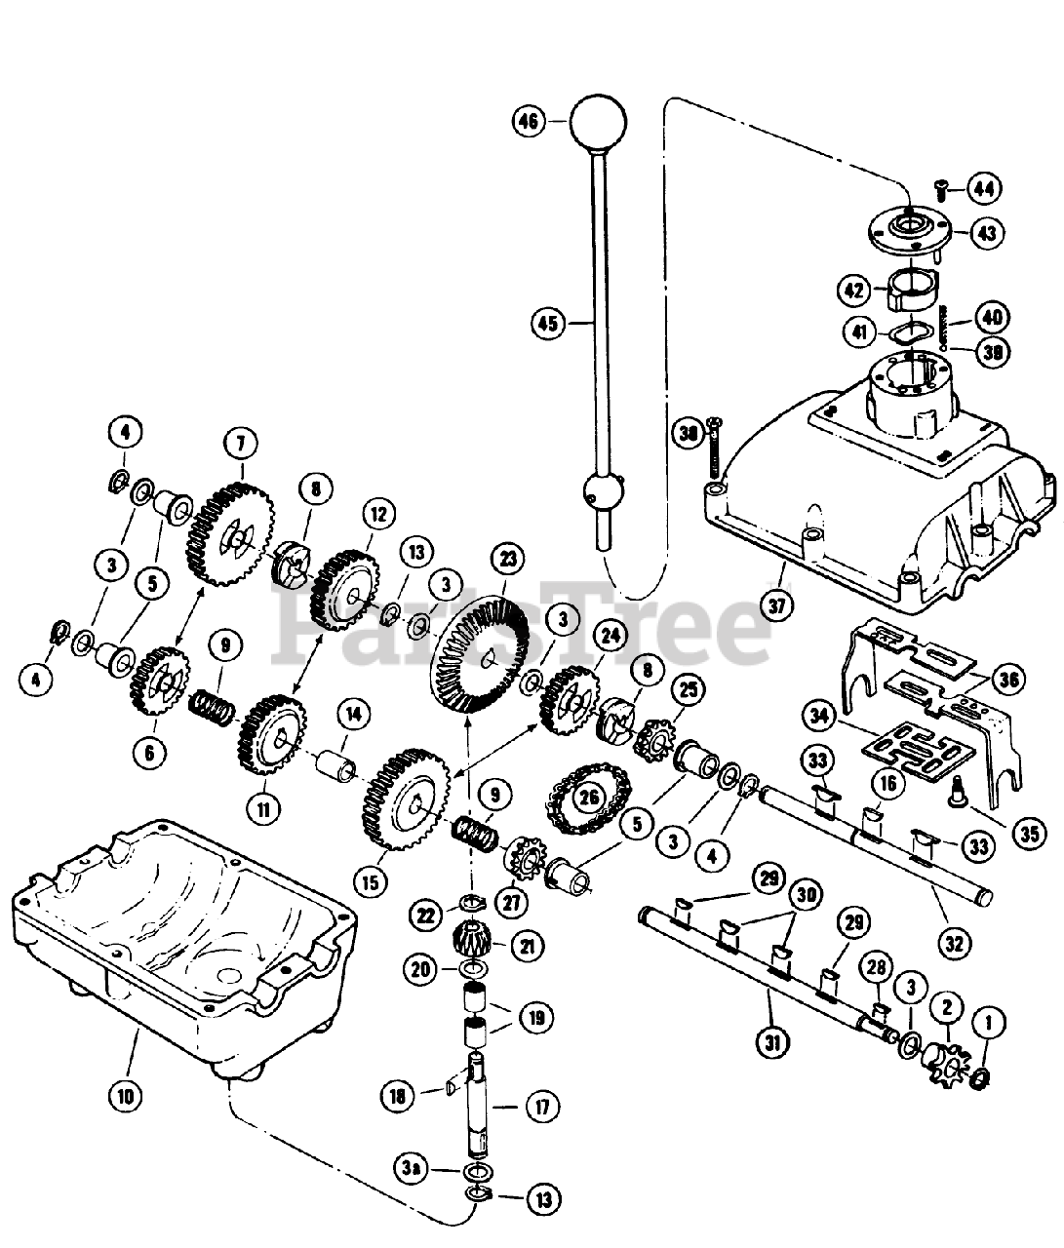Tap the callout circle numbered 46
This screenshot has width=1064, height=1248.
pyautogui.click(x=528, y=122)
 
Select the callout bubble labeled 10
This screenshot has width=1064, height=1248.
pyautogui.click(x=126, y=1095)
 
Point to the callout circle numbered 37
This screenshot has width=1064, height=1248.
pyautogui.click(x=776, y=604)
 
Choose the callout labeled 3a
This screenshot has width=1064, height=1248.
pyautogui.click(x=410, y=1167)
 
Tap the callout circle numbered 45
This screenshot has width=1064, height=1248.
pyautogui.click(x=549, y=322)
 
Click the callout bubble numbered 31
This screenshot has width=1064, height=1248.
pyautogui.click(x=770, y=1043)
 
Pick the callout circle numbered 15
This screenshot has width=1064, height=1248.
pyautogui.click(x=370, y=884)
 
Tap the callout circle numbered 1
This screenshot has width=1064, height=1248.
pyautogui.click(x=988, y=1024)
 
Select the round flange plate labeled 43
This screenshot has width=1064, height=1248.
pyautogui.click(x=909, y=232)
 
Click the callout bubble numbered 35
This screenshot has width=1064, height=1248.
pyautogui.click(x=1028, y=834)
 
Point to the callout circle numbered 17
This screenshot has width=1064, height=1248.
pyautogui.click(x=542, y=1107)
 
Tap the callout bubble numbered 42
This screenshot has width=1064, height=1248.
pyautogui.click(x=854, y=291)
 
